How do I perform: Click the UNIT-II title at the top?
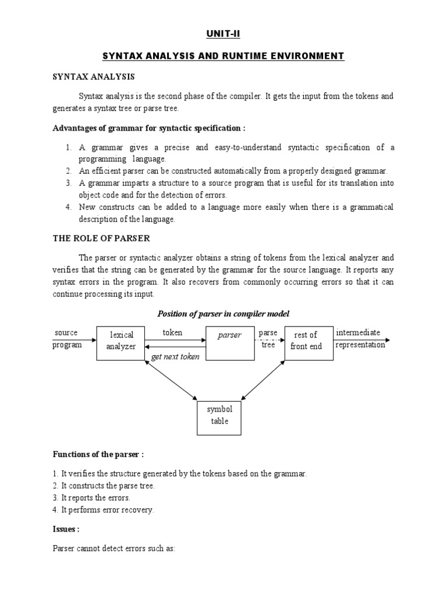[x=223, y=34]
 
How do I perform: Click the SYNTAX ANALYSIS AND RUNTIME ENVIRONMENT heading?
[x=223, y=56]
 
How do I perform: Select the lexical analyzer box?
[x=121, y=340]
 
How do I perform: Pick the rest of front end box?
[x=306, y=340]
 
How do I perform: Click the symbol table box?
[x=219, y=415]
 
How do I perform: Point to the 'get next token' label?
[x=175, y=357]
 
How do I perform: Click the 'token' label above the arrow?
[x=172, y=333]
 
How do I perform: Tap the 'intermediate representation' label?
[x=360, y=339]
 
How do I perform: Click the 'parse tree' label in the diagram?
[x=268, y=339]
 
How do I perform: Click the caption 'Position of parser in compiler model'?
[x=223, y=314]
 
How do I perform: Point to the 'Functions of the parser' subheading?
[x=98, y=454]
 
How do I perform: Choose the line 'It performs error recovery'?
[x=111, y=510]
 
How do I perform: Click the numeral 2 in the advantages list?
[x=68, y=171]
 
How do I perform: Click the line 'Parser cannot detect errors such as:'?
[x=113, y=549]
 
